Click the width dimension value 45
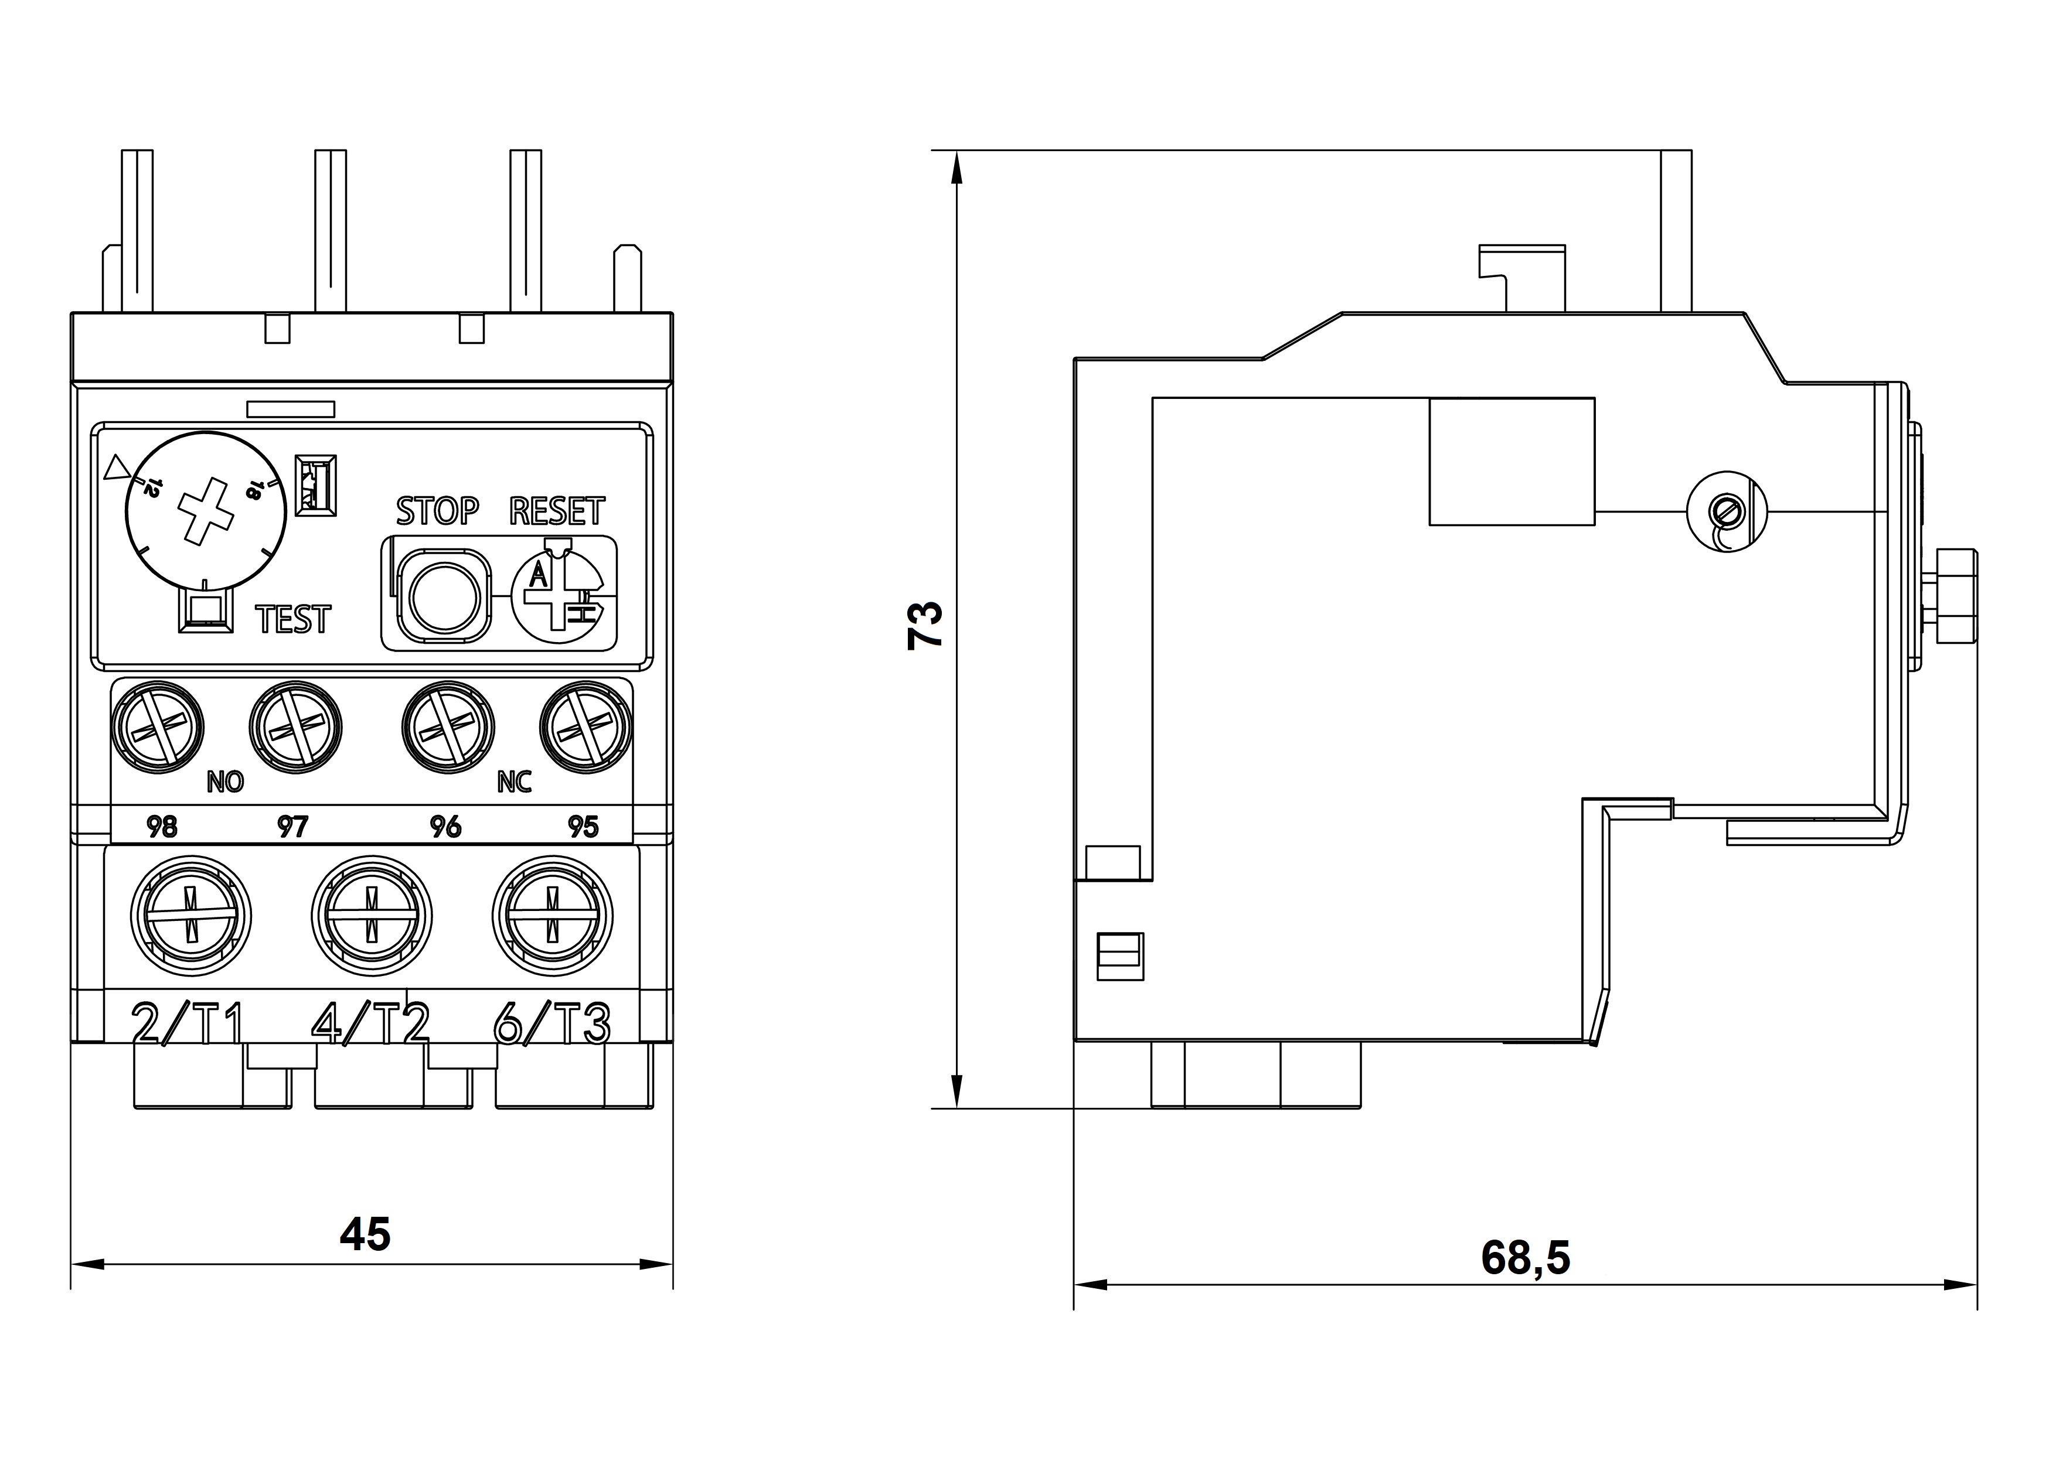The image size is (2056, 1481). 365,1234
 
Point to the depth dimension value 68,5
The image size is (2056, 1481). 1525,1258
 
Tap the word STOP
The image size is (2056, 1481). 437,512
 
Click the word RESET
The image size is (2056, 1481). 557,512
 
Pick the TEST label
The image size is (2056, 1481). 293,620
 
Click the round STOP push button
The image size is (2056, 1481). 444,596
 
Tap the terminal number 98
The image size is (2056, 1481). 162,827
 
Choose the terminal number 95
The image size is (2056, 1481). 583,827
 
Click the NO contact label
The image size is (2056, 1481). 225,782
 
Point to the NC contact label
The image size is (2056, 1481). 514,782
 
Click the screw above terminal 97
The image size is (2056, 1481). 295,727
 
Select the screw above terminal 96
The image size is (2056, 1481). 448,727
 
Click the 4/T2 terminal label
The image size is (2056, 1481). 370,1024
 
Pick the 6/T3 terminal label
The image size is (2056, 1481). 551,1024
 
